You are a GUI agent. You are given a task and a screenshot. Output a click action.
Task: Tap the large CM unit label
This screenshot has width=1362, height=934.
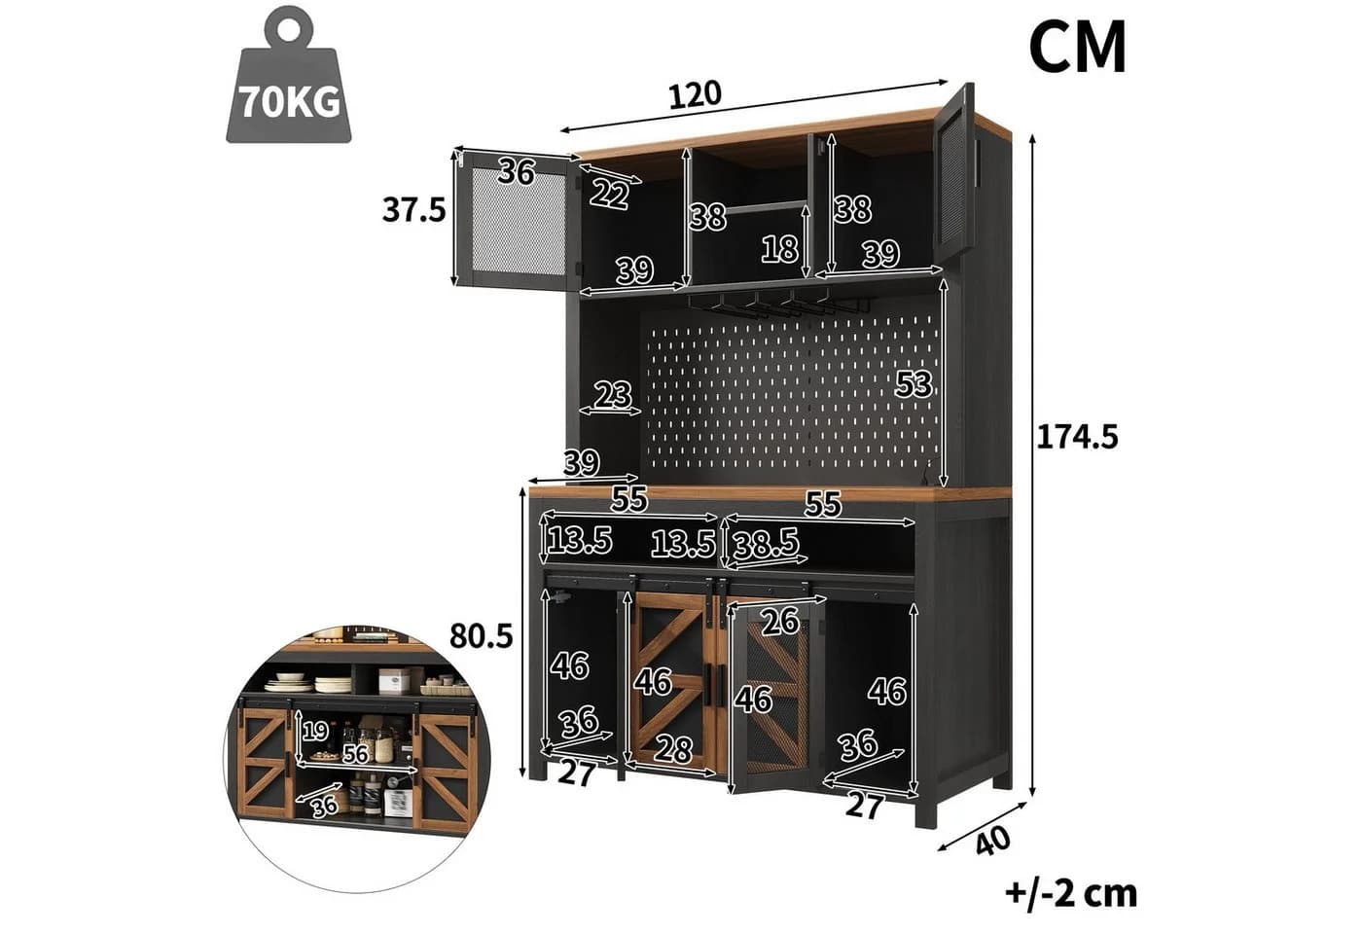(x=1078, y=48)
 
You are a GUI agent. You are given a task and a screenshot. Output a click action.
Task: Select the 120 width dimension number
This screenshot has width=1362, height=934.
(x=695, y=95)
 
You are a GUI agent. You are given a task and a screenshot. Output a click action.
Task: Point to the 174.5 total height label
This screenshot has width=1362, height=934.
(x=1077, y=437)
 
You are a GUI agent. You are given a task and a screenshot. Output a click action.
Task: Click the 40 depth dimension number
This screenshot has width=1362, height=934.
(x=992, y=842)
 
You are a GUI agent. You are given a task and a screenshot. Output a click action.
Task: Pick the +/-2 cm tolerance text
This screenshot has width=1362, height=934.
(x=1071, y=893)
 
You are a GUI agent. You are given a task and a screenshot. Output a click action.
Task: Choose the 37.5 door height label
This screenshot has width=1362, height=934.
(x=414, y=210)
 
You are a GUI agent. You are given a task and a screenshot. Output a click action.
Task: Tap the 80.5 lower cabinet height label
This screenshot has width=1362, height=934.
(x=481, y=636)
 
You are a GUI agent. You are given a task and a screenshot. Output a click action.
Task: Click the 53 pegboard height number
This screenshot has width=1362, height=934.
(x=914, y=383)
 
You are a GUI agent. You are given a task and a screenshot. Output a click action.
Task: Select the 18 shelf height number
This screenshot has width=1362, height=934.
(x=780, y=249)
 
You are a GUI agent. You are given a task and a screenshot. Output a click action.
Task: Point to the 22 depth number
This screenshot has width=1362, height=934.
(x=609, y=194)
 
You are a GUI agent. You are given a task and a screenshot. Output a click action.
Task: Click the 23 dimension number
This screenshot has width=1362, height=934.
(x=613, y=395)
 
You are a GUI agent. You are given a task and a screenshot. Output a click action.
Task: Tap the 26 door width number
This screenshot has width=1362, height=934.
(x=780, y=622)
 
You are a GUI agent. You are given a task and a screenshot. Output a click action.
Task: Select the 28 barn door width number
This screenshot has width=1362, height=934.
(x=673, y=749)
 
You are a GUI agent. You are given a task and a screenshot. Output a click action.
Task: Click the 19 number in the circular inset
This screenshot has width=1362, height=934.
(x=315, y=731)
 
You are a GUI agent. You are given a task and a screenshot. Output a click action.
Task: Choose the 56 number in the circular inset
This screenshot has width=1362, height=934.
(x=356, y=754)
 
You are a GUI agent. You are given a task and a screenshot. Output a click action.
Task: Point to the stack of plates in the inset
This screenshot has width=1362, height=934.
(x=333, y=685)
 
